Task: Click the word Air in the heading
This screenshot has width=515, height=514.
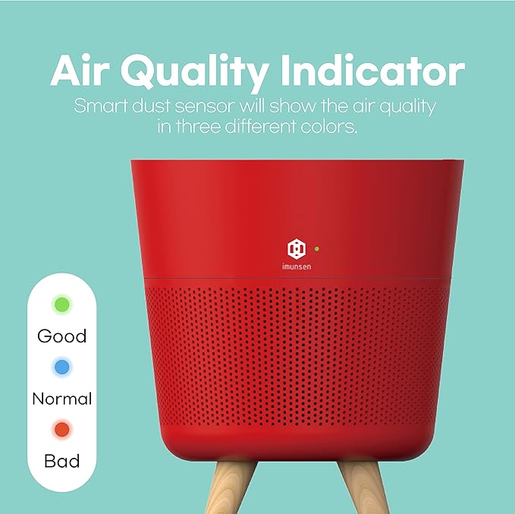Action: coord(83,71)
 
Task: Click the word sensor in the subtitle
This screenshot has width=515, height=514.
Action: coord(207,106)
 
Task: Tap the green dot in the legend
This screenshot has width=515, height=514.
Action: coord(62,305)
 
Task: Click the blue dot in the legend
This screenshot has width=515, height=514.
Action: coord(62,367)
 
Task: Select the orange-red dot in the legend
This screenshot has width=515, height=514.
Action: coord(62,430)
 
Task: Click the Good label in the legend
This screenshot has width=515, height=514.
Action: coord(62,336)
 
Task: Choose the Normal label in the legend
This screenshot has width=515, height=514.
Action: coord(62,399)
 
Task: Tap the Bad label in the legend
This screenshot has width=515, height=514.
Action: coord(62,460)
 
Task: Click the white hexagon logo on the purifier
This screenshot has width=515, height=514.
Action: coord(297,248)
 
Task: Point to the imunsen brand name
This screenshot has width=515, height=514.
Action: coord(297,266)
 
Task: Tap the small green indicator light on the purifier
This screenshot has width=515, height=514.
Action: coord(316,248)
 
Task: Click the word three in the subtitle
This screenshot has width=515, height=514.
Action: coord(200,127)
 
